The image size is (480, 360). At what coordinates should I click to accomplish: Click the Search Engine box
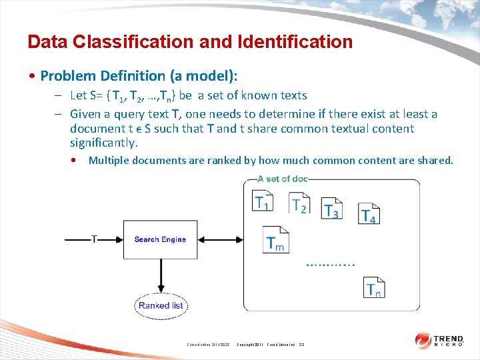(x=160, y=239)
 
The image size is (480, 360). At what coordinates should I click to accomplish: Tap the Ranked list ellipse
(x=160, y=305)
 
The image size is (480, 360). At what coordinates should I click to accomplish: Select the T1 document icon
(x=263, y=201)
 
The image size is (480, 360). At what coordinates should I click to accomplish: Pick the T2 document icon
(x=299, y=202)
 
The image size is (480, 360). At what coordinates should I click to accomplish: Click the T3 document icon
(x=331, y=208)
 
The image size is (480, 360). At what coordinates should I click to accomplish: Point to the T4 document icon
(x=368, y=213)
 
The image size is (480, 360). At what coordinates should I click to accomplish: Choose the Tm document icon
(x=275, y=240)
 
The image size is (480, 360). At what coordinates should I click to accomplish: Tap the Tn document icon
(x=375, y=287)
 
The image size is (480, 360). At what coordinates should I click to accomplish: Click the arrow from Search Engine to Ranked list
(x=160, y=276)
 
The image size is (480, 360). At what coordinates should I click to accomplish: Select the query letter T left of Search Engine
(x=94, y=239)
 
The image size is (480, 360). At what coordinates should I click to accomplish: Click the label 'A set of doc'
(x=282, y=179)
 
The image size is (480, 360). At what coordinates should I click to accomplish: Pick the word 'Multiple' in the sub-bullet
(x=109, y=160)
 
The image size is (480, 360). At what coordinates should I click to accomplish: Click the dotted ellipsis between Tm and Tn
(x=331, y=264)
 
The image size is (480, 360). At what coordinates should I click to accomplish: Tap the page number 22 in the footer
(x=301, y=344)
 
